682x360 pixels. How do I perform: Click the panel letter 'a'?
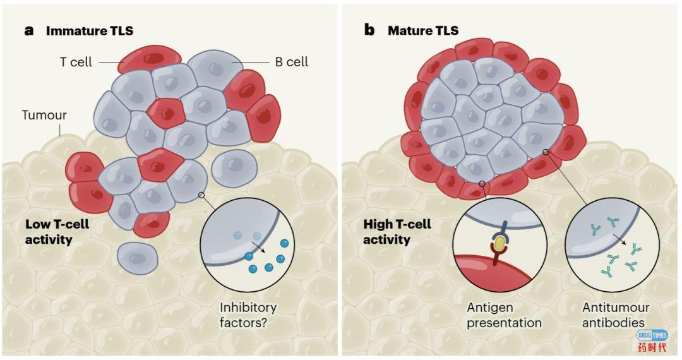[x=29, y=30]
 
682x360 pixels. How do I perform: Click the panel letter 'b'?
[x=369, y=30]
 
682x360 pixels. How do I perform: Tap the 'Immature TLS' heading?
[x=90, y=30]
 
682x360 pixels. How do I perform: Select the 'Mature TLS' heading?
[x=423, y=30]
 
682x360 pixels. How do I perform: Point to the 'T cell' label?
[x=76, y=62]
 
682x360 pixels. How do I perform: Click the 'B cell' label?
[x=291, y=62]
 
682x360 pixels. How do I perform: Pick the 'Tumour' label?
[x=44, y=115]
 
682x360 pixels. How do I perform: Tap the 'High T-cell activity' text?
[x=397, y=232]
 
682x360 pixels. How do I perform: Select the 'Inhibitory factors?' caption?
[x=248, y=315]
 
